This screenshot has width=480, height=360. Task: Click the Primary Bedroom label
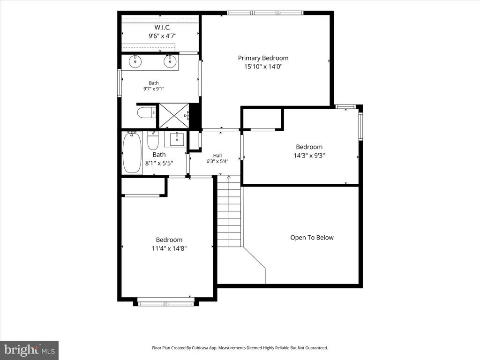click(x=263, y=58)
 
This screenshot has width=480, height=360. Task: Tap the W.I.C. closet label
click(x=162, y=28)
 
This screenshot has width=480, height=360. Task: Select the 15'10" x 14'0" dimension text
click(x=263, y=67)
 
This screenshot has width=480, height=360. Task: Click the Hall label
click(x=217, y=156)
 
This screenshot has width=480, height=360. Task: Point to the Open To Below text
click(x=312, y=238)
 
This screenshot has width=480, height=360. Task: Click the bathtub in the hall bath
click(x=132, y=152)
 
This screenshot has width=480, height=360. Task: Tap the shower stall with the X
click(x=174, y=116)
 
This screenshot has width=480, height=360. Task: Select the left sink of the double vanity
click(x=135, y=61)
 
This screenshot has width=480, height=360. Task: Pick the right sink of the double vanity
click(x=170, y=61)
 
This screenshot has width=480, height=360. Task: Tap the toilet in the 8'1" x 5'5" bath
click(x=152, y=140)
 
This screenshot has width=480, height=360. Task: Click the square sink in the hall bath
click(x=177, y=139)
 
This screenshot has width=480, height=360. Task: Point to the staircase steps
click(x=229, y=211)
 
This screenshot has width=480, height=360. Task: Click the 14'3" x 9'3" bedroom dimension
click(x=309, y=156)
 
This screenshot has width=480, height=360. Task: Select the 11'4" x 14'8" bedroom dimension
click(x=169, y=248)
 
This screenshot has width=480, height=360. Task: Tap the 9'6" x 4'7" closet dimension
click(x=162, y=36)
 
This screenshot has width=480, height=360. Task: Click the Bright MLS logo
click(x=30, y=350)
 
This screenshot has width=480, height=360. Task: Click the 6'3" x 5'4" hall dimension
click(x=217, y=161)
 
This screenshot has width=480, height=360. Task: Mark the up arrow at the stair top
click(x=229, y=177)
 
